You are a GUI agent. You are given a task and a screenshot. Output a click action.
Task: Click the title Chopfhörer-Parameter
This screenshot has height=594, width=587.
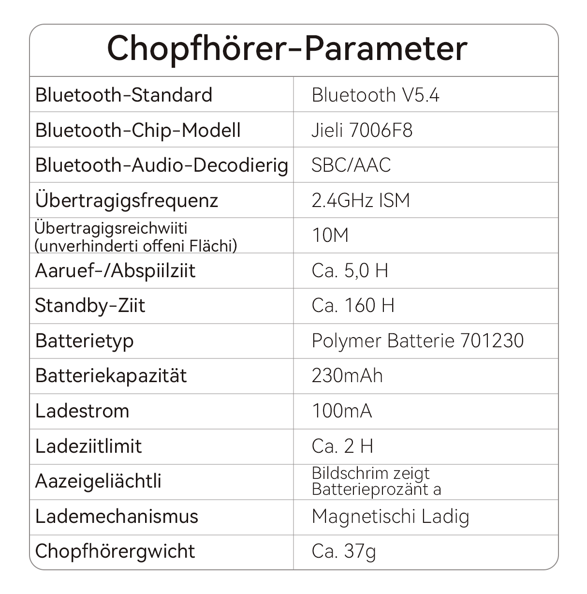pyautogui.click(x=287, y=49)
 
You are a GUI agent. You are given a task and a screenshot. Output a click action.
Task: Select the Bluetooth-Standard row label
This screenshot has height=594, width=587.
pyautogui.click(x=124, y=95)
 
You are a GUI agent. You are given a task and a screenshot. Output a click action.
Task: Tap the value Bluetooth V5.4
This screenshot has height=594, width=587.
pyautogui.click(x=375, y=95)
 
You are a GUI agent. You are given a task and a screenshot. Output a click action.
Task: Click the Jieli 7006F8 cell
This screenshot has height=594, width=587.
pyautogui.click(x=362, y=130)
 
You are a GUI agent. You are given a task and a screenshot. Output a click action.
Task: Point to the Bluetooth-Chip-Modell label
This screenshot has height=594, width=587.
pyautogui.click(x=138, y=130)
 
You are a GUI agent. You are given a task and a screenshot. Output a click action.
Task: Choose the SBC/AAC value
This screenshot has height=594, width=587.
pyautogui.click(x=351, y=165)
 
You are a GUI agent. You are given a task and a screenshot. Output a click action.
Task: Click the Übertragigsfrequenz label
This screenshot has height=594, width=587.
pyautogui.click(x=127, y=200)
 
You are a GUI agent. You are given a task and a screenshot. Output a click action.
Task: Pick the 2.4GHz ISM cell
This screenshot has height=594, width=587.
pyautogui.click(x=361, y=200)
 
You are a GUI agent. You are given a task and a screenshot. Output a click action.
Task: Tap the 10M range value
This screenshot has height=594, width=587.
pyautogui.click(x=330, y=236)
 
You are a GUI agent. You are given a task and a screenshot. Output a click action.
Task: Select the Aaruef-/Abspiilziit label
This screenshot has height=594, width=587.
pyautogui.click(x=115, y=270)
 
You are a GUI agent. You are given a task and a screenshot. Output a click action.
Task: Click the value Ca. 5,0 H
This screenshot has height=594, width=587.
pyautogui.click(x=350, y=270)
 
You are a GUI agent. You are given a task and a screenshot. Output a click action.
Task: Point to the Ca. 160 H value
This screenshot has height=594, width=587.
pyautogui.click(x=353, y=305)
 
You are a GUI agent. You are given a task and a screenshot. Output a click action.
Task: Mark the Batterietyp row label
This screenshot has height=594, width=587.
pyautogui.click(x=84, y=341)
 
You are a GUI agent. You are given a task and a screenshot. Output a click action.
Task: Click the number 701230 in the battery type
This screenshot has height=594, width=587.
pyautogui.click(x=492, y=341)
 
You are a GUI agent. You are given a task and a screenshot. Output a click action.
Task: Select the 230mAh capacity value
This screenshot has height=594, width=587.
pyautogui.click(x=347, y=376)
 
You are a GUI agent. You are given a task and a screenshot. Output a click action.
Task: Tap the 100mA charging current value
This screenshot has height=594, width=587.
pyautogui.click(x=342, y=411)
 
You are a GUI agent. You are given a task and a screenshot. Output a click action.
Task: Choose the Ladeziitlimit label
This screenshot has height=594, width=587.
pyautogui.click(x=88, y=446)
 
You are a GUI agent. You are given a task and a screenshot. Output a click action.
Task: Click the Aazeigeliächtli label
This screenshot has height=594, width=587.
pyautogui.click(x=98, y=481)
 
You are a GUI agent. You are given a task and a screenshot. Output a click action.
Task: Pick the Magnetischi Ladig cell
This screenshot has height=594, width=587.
pyautogui.click(x=390, y=517)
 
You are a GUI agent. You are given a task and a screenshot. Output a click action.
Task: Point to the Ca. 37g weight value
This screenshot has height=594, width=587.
pyautogui.click(x=344, y=551)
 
